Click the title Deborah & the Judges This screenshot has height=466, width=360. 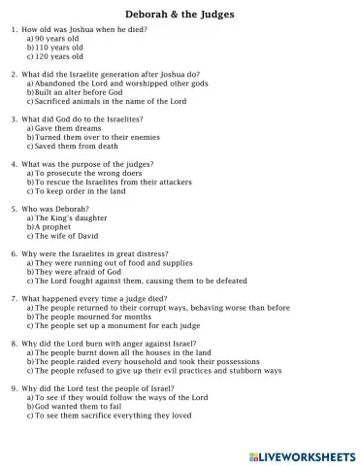(180, 16)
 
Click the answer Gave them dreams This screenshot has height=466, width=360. (68, 128)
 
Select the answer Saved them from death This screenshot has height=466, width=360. (77, 146)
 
